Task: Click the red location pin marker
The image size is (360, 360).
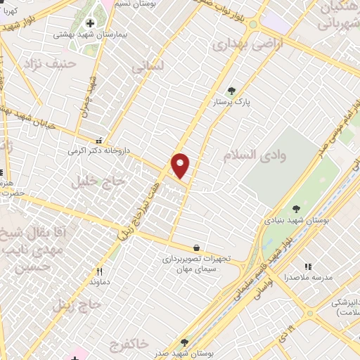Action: [181, 165]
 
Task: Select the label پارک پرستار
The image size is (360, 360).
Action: [232, 103]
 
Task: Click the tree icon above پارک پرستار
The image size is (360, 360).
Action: [231, 90]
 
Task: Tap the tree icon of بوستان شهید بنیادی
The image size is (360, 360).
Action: [296, 208]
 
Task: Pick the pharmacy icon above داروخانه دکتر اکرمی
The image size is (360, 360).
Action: [99, 139]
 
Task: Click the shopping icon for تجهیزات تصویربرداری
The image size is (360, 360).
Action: [195, 247]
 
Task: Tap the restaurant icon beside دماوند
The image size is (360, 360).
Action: [100, 271]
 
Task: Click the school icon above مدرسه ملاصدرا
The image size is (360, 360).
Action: [307, 267]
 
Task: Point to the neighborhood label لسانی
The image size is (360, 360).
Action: [147, 67]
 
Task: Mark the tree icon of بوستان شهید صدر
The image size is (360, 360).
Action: [184, 342]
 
